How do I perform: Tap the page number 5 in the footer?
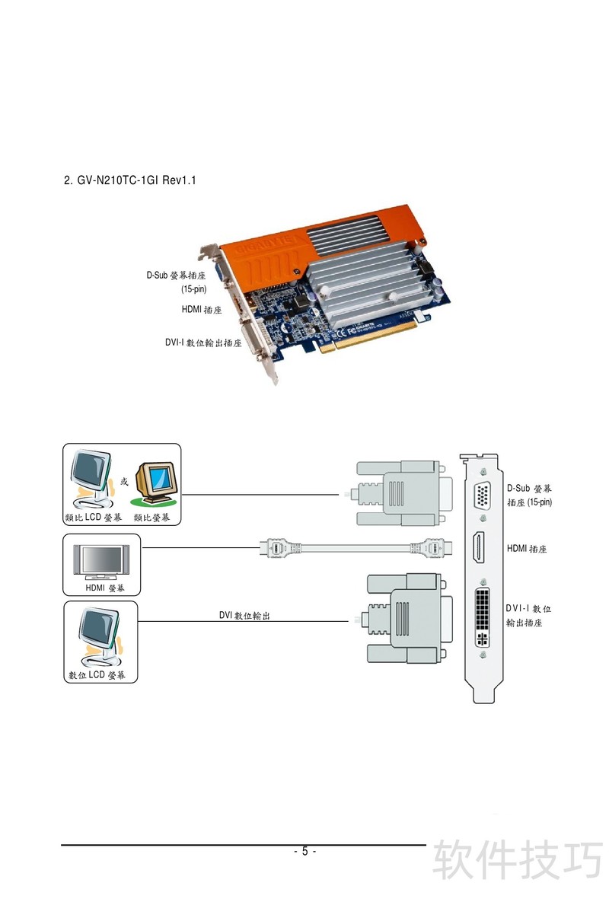tap(304, 851)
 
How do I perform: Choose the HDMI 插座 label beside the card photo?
tap(201, 310)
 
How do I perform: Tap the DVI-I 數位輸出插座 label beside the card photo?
tap(203, 343)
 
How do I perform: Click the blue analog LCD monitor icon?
tap(91, 480)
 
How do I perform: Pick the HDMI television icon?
tap(101, 559)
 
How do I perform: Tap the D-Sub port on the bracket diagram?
tap(483, 496)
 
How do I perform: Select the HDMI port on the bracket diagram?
tap(482, 549)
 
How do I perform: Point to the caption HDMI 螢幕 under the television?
tap(101, 587)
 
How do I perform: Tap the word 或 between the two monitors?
tap(124, 481)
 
